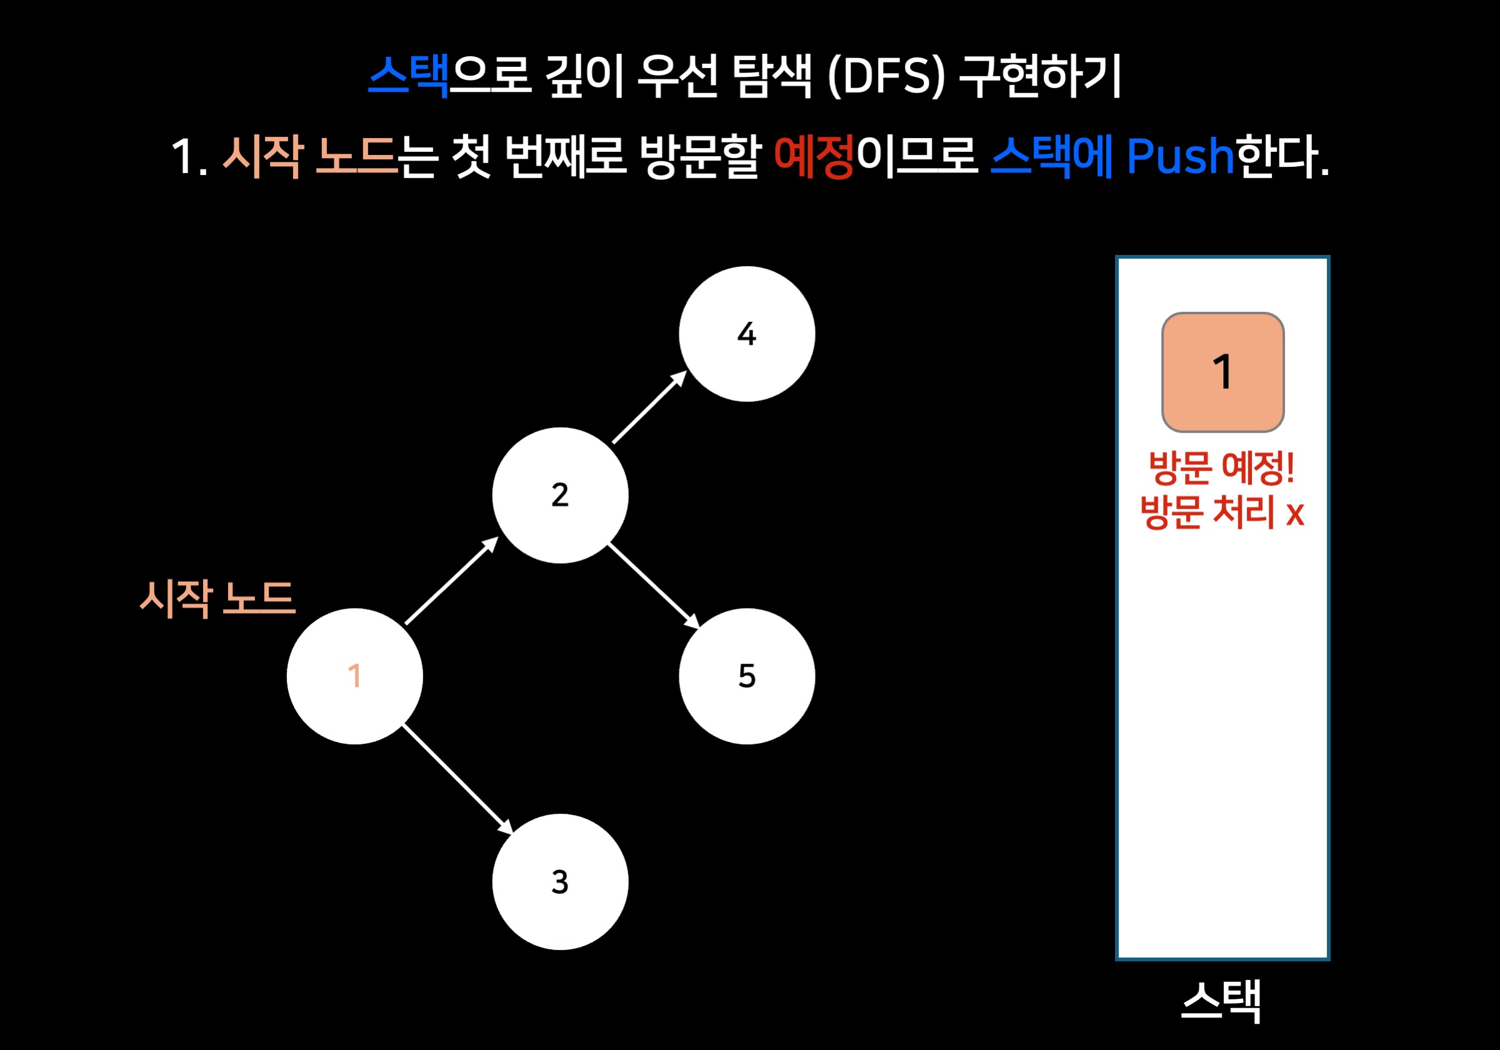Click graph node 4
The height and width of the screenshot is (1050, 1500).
pyautogui.click(x=747, y=334)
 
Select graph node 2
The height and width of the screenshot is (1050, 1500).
pyautogui.click(x=560, y=495)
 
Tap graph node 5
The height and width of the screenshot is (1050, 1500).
pyautogui.click(x=747, y=676)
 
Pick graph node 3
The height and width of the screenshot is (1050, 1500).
pyautogui.click(x=560, y=881)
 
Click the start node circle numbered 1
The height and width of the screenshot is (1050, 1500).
pyautogui.click(x=355, y=676)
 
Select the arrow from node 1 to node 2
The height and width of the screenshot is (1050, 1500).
pyautogui.click(x=451, y=581)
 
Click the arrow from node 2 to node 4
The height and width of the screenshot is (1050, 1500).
pyautogui.click(x=649, y=407)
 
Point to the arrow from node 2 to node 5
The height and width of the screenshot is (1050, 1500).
pyautogui.click(x=653, y=586)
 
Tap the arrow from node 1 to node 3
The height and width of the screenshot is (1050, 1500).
pyautogui.click(x=457, y=779)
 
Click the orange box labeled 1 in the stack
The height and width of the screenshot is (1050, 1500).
pyautogui.click(x=1222, y=372)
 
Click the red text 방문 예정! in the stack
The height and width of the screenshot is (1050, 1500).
pyautogui.click(x=1222, y=468)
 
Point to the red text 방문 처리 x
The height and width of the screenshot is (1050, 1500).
pyautogui.click(x=1222, y=512)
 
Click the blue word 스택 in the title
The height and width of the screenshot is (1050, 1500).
pyautogui.click(x=408, y=76)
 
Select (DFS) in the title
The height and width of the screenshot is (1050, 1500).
pyautogui.click(x=886, y=76)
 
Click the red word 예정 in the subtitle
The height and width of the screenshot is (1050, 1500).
pyautogui.click(x=813, y=157)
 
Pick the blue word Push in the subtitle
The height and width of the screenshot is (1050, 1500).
pyautogui.click(x=1179, y=157)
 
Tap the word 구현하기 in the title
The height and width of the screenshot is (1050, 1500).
pyautogui.click(x=1040, y=76)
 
